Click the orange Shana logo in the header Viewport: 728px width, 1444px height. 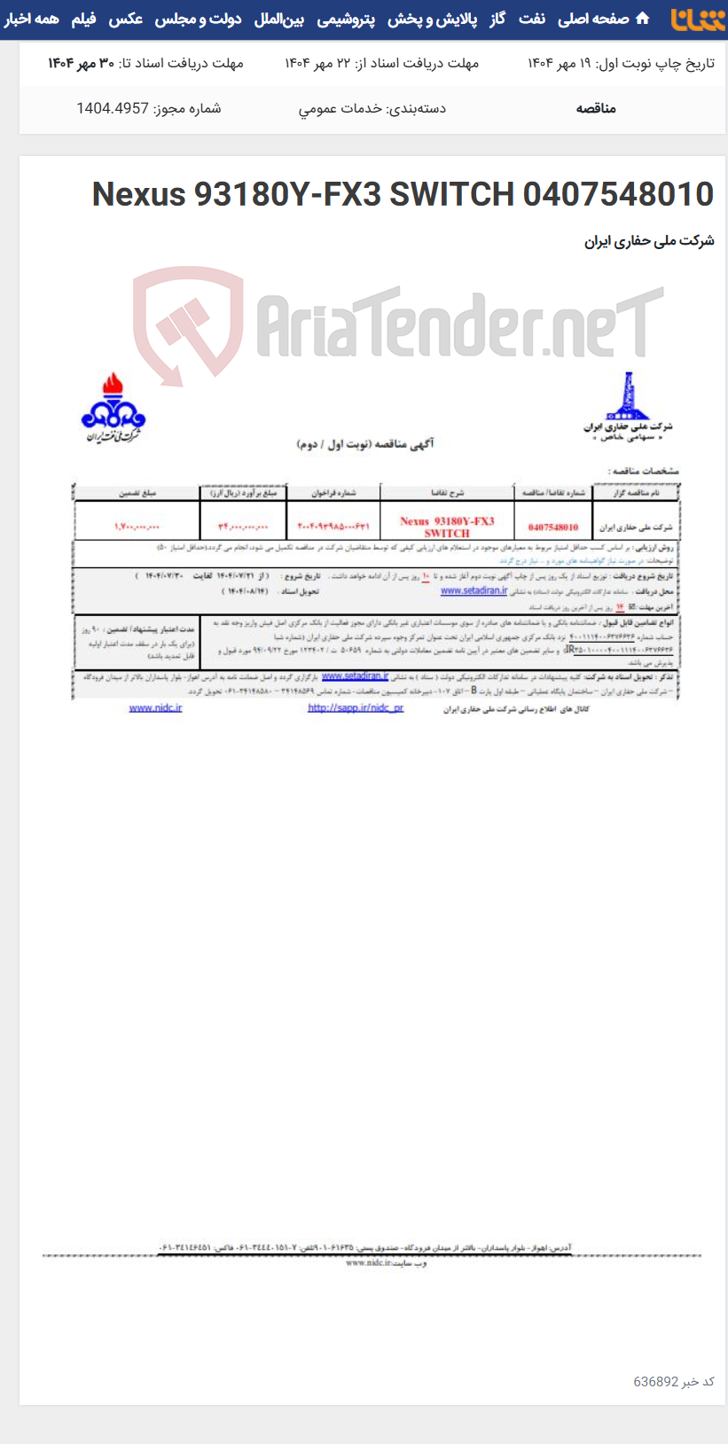[698, 19]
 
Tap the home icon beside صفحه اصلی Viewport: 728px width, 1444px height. [643, 19]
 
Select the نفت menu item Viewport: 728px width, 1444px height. [532, 19]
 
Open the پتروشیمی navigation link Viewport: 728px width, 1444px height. [346, 19]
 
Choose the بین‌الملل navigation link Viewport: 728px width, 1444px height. [279, 19]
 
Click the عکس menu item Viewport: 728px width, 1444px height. [126, 19]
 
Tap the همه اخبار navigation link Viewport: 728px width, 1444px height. [32, 19]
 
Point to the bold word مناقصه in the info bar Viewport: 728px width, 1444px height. [596, 108]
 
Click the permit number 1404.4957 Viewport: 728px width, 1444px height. [113, 108]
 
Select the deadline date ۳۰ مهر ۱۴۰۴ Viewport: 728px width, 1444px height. [82, 63]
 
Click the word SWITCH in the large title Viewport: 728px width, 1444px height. [452, 193]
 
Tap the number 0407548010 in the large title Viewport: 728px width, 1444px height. [618, 193]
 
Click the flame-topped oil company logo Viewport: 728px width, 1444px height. [113, 408]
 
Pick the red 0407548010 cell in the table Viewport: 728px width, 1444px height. [552, 527]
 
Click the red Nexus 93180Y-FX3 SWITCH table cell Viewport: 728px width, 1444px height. [447, 527]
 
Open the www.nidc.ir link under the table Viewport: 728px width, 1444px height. [155, 707]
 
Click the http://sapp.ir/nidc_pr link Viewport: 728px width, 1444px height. [356, 707]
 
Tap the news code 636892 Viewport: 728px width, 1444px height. [656, 1381]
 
